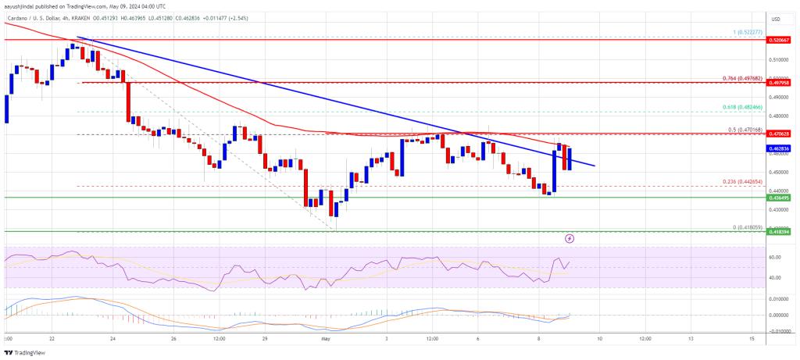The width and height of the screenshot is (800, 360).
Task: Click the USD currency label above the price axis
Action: pos(775,18)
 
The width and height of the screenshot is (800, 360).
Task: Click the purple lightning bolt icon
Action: pos(570,237)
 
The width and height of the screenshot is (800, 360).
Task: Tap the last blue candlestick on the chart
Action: pos(570,159)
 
